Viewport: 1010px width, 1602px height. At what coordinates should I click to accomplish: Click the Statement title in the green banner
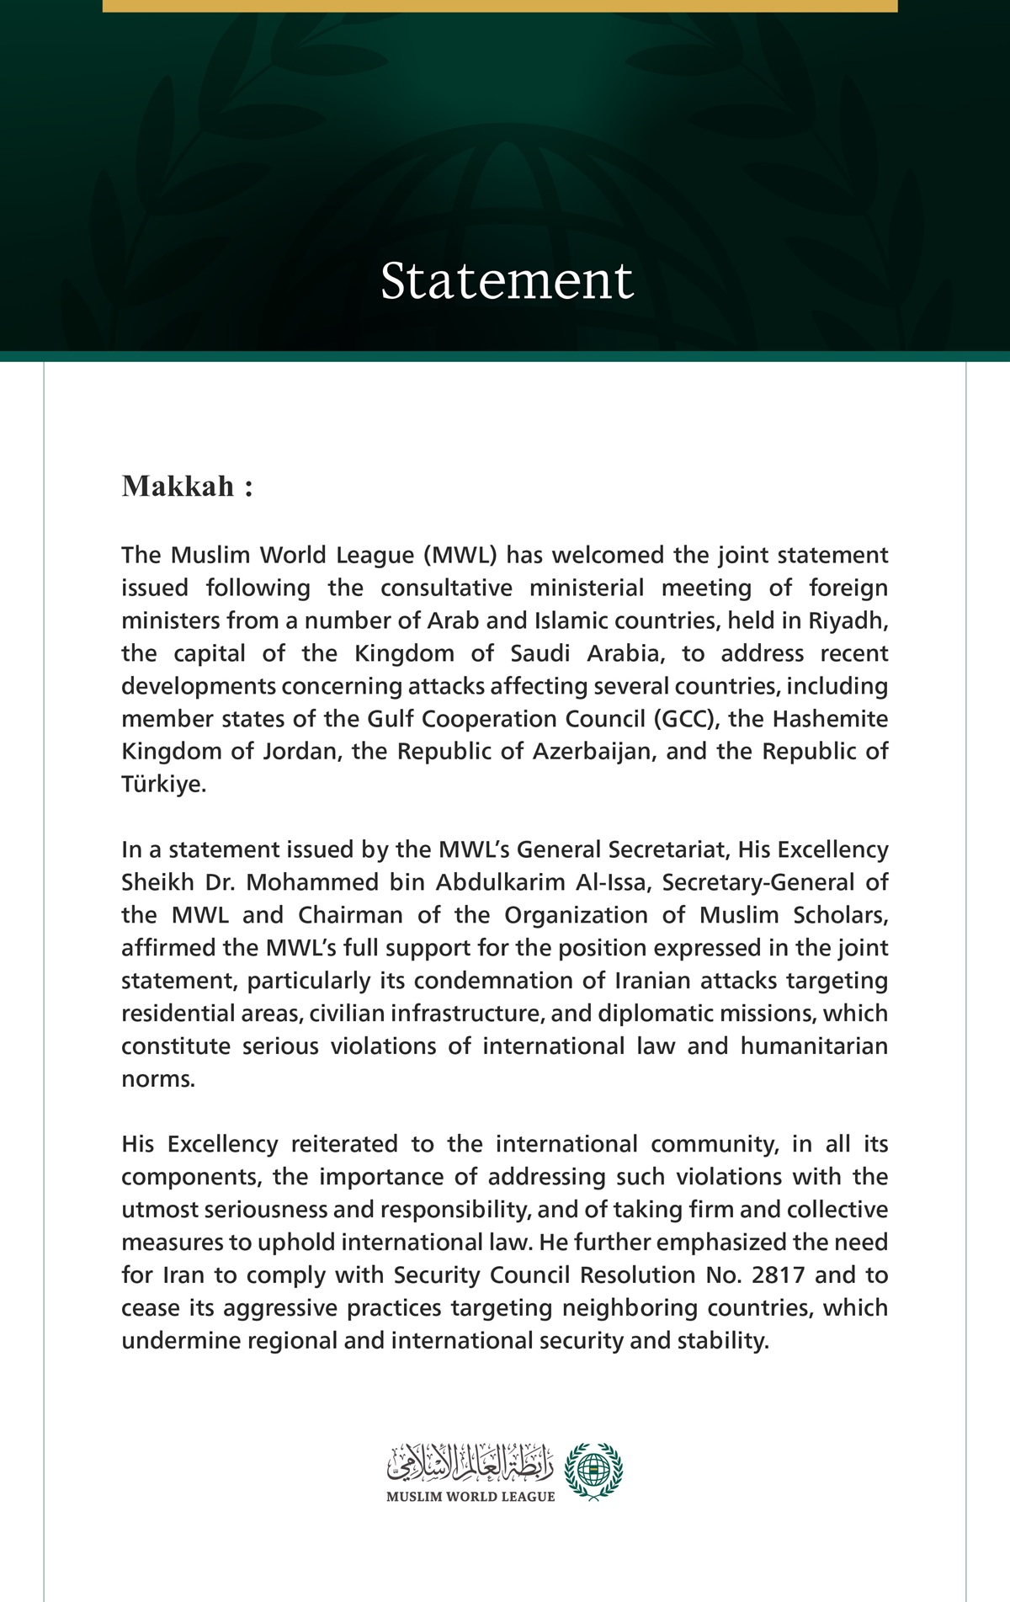(x=506, y=280)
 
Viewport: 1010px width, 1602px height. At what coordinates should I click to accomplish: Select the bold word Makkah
(x=178, y=487)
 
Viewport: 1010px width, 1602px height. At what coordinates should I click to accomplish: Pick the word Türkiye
(x=162, y=785)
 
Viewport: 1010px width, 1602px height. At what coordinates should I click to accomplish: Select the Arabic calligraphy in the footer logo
(x=470, y=1464)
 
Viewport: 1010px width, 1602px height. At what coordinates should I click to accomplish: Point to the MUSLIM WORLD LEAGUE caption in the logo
(x=470, y=1497)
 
